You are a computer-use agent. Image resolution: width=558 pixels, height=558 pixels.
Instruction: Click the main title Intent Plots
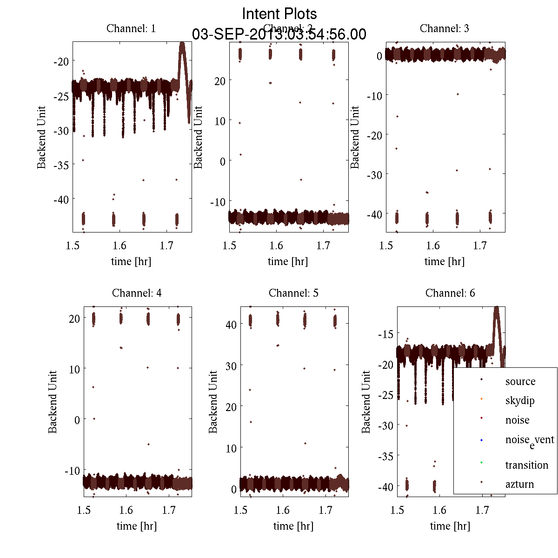point(279,13)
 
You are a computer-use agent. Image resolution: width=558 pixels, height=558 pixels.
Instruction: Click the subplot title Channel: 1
point(131,28)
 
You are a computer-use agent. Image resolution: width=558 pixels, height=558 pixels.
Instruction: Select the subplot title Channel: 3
point(444,28)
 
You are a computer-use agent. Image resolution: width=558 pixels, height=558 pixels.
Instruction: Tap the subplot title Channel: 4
point(137,293)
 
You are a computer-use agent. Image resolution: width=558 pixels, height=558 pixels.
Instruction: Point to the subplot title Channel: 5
point(293,293)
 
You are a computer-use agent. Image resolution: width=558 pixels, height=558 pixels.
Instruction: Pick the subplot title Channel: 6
point(450,293)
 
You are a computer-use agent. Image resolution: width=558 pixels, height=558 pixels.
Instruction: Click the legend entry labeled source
point(520,381)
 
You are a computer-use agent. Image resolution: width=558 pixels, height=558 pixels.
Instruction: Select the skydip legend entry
point(519,400)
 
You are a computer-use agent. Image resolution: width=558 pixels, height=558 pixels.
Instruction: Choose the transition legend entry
point(526,465)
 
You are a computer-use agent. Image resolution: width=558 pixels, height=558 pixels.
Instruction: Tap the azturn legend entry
point(519,484)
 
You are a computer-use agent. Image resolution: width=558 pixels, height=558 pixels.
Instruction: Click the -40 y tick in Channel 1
point(60,199)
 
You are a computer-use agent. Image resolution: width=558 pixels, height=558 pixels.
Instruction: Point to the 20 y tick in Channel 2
point(219,81)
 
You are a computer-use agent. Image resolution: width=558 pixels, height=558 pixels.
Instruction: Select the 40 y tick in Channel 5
point(231,324)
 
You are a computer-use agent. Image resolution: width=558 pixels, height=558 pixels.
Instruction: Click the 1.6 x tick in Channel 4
point(126,510)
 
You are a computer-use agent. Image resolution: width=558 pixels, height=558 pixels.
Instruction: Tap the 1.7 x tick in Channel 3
point(480,246)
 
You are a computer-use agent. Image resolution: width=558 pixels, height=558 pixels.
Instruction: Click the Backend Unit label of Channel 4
point(53,402)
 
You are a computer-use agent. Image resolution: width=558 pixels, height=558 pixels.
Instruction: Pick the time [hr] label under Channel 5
point(293,526)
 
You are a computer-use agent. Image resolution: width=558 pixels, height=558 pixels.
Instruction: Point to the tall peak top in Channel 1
point(182,44)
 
